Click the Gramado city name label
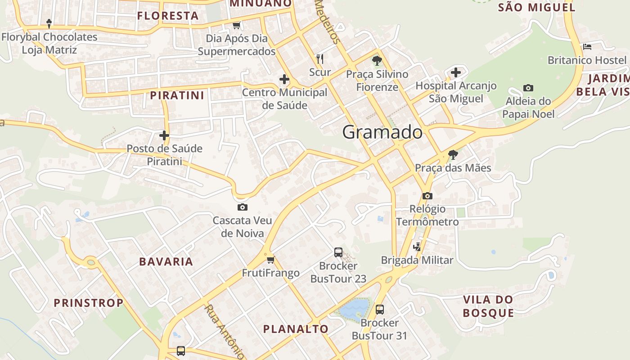382,132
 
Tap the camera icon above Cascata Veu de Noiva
242,207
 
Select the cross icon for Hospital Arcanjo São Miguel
456,72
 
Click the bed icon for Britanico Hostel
587,46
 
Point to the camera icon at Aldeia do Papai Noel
528,88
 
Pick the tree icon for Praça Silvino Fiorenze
377,60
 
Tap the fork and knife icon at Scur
320,58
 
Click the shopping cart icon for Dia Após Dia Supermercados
236,25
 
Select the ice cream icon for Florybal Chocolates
49,23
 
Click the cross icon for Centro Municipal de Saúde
284,79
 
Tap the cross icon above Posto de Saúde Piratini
164,135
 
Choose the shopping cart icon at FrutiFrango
270,260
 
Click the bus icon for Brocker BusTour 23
338,252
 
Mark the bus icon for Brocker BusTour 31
380,309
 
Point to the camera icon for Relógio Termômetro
427,196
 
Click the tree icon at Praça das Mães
453,155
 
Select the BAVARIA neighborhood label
166,261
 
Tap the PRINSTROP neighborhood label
89,303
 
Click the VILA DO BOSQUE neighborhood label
488,306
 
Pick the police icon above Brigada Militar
417,247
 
